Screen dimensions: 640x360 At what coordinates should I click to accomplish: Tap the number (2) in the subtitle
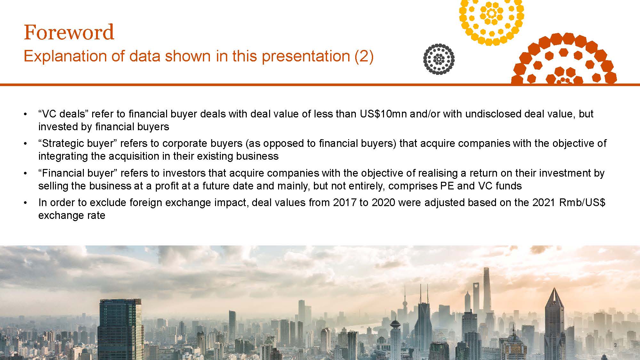pos(364,56)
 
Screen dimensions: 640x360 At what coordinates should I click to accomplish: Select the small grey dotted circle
pos(439,59)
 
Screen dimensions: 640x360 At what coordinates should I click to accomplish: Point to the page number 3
pos(615,345)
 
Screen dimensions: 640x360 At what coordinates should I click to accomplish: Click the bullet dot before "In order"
pos(25,203)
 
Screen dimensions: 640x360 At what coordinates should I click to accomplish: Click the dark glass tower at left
pos(120,330)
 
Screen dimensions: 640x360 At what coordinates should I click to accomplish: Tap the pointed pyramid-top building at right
pos(554,320)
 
